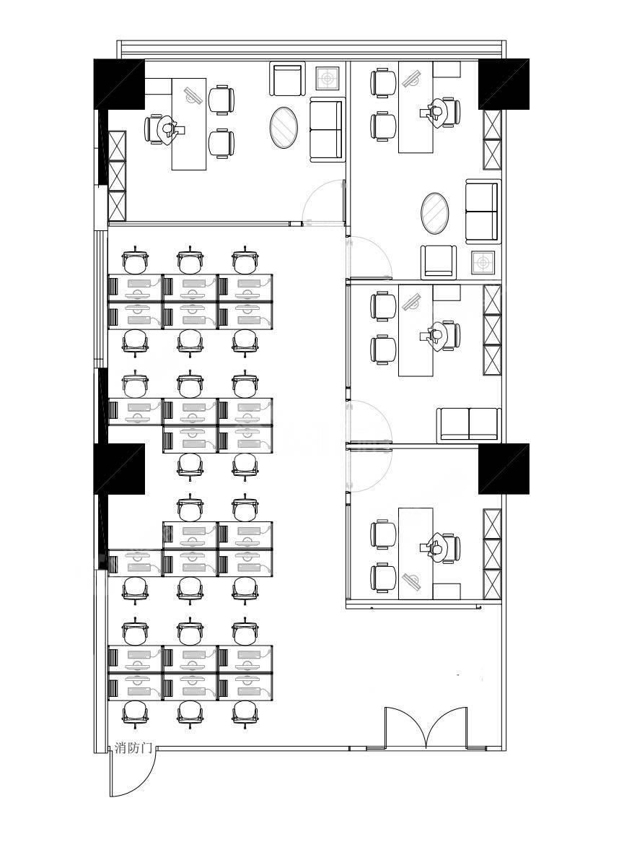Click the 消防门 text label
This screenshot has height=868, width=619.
click(x=133, y=747)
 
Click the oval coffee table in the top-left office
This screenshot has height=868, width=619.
click(x=284, y=127)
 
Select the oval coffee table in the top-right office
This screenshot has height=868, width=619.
click(x=435, y=213)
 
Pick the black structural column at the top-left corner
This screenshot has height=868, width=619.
click(x=119, y=84)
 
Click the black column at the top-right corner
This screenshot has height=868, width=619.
click(x=504, y=84)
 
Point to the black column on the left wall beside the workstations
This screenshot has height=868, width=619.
click(x=119, y=469)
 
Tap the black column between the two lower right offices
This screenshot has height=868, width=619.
click(x=504, y=469)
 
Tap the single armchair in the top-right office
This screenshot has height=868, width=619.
click(x=439, y=262)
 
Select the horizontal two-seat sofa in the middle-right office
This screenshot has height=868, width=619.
click(x=469, y=425)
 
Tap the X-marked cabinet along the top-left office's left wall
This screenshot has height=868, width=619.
click(x=118, y=176)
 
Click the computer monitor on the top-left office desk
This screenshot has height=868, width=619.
click(x=193, y=95)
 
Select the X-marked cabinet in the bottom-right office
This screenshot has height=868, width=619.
click(x=492, y=554)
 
